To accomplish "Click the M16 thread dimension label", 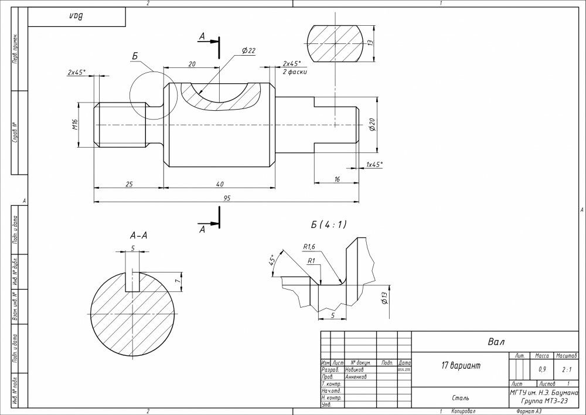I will [75, 125].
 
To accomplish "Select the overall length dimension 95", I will [227, 198].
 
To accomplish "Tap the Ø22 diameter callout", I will [248, 51].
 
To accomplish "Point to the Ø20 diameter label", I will [371, 124].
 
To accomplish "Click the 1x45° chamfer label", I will [374, 165].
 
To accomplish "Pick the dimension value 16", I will [337, 179].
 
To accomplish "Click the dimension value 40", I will [220, 184].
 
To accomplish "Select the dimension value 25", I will [129, 184].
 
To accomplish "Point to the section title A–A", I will [138, 236].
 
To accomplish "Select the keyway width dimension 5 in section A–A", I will [133, 248].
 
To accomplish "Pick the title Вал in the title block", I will [496, 342].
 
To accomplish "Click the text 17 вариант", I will [461, 366].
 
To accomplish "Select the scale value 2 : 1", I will [567, 370].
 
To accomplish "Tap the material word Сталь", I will [460, 398].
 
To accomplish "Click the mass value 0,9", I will [542, 370].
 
